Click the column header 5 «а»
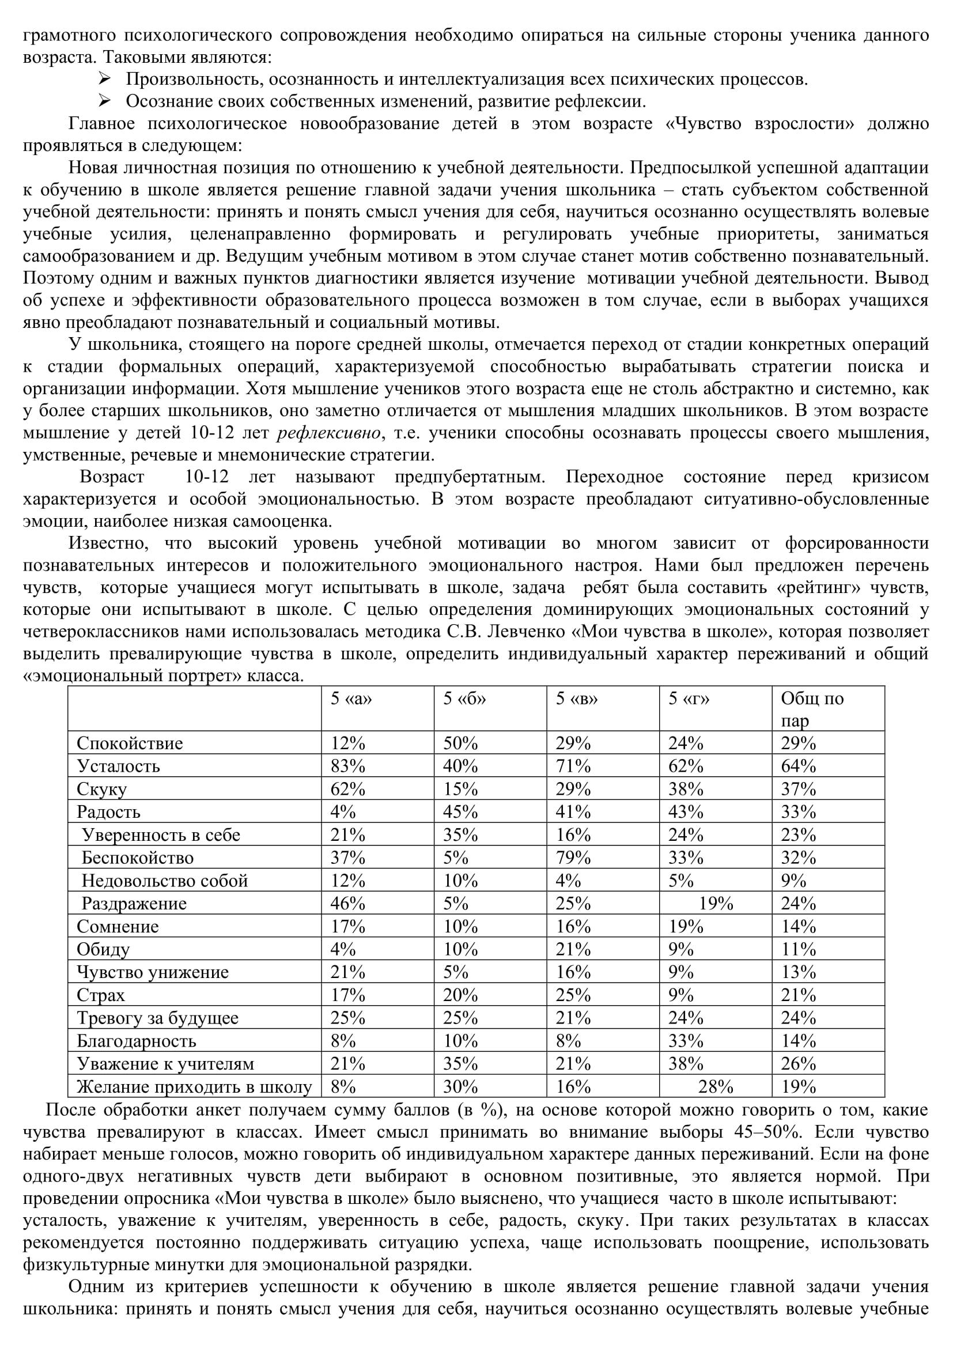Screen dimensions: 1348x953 (351, 698)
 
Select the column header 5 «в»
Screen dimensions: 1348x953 (577, 698)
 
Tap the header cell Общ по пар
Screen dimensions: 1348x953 (812, 709)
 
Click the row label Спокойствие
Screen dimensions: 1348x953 (130, 743)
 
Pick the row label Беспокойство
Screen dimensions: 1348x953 (137, 858)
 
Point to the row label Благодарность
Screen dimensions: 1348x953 (136, 1041)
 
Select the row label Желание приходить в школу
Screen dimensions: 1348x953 (194, 1087)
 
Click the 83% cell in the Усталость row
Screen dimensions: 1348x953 (348, 766)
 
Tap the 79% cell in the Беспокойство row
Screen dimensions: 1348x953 (573, 858)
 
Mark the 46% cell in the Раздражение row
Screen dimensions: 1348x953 (348, 904)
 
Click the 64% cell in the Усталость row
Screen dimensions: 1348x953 (799, 766)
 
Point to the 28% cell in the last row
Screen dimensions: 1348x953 (716, 1087)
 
